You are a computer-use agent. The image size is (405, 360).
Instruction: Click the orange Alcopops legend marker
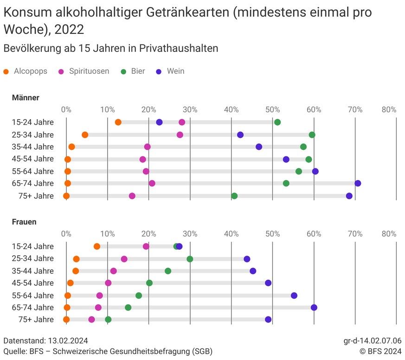pyautogui.click(x=6, y=71)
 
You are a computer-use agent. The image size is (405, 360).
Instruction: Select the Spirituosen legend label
pyautogui.click(x=89, y=71)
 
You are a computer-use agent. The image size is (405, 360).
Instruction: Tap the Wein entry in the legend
pyautogui.click(x=176, y=71)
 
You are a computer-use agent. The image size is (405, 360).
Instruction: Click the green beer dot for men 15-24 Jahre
pyautogui.click(x=277, y=122)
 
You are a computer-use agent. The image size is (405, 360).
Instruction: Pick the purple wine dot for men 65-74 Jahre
pyautogui.click(x=358, y=183)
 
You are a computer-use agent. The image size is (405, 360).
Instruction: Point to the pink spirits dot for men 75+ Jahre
pyautogui.click(x=132, y=196)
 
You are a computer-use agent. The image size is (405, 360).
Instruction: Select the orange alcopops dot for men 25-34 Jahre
pyautogui.click(x=85, y=135)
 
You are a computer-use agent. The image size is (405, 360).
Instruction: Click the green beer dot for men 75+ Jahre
pyautogui.click(x=234, y=196)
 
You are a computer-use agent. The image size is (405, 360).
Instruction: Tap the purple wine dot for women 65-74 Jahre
pyautogui.click(x=314, y=307)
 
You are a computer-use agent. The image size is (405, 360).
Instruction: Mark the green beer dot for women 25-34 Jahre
pyautogui.click(x=190, y=259)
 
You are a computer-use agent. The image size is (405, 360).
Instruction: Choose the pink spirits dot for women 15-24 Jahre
pyautogui.click(x=146, y=246)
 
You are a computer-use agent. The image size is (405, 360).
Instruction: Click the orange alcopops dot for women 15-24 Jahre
pyautogui.click(x=97, y=246)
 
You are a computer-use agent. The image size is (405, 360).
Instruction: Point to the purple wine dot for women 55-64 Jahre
pyautogui.click(x=294, y=296)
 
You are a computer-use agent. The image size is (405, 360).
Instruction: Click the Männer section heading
pyautogui.click(x=26, y=97)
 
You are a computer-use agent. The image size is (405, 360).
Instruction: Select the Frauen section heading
pyautogui.click(x=24, y=222)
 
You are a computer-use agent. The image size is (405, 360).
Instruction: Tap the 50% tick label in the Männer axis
pyautogui.click(x=272, y=109)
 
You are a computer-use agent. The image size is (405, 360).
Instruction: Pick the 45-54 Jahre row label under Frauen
pyautogui.click(x=33, y=283)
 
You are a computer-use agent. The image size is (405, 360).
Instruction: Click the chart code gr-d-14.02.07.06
pyautogui.click(x=370, y=341)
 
